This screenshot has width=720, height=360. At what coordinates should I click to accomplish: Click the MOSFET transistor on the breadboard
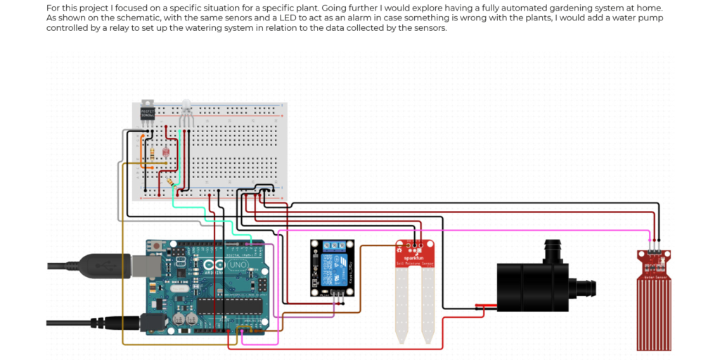[x=147, y=114]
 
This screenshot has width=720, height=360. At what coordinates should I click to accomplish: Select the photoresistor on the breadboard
[x=165, y=151]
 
